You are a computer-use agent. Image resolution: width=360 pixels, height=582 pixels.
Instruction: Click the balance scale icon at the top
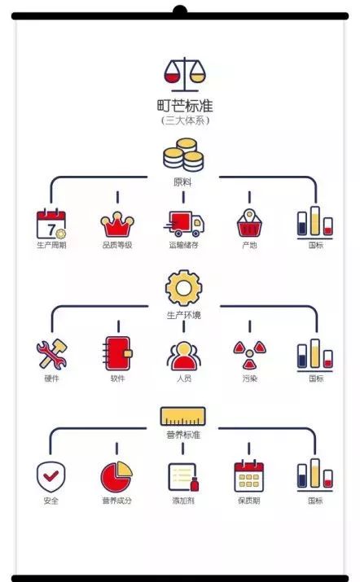tap(185, 75)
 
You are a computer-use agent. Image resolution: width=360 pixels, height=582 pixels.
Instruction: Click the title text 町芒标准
tap(185, 106)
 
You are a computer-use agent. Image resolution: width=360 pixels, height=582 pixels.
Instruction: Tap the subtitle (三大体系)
tap(185, 120)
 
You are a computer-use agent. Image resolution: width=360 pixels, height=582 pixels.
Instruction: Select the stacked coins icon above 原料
tap(183, 155)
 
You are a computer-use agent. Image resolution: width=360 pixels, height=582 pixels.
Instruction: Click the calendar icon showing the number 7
tap(51, 224)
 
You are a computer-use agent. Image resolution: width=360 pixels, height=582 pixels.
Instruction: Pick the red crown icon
tap(117, 224)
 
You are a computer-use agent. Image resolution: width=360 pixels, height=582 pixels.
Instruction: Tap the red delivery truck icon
tap(184, 224)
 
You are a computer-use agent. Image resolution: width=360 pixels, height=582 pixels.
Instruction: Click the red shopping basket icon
tap(249, 224)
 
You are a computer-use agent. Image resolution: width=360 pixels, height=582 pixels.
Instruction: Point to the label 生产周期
tap(51, 245)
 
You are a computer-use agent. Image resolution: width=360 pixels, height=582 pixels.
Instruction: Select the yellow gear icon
tap(183, 288)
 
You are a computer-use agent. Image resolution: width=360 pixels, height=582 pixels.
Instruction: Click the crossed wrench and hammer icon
tap(51, 354)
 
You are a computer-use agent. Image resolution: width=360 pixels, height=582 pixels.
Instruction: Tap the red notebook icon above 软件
tap(117, 353)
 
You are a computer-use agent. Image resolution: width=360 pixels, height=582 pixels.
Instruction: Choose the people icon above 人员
tap(183, 356)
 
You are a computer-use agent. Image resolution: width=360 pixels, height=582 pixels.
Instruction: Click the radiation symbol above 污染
tap(249, 355)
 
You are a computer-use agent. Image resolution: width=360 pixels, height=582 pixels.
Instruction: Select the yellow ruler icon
tap(182, 417)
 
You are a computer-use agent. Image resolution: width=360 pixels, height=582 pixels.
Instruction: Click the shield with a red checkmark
tap(50, 477)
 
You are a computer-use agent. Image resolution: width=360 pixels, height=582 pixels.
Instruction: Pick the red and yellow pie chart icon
tap(116, 477)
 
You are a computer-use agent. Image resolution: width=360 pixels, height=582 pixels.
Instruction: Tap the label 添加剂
tap(183, 501)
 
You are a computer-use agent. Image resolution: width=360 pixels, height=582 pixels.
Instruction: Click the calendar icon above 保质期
tap(248, 476)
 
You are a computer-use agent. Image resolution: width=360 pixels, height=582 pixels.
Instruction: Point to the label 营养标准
tap(183, 435)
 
